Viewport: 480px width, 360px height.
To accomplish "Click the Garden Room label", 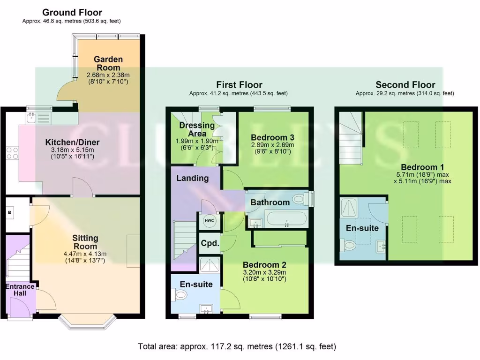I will (108, 63).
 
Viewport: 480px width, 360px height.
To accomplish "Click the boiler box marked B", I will (9, 213).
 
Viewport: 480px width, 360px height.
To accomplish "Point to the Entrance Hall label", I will (20, 290).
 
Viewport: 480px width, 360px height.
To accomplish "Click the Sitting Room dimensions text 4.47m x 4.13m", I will (85, 255).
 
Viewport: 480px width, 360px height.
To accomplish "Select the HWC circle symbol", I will (208, 221).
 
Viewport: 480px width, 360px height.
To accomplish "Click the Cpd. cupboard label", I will (210, 243).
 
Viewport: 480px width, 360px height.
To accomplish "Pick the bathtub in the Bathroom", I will (285, 219).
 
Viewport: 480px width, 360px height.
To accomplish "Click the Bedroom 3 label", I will (272, 137).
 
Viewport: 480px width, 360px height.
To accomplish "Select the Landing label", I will (192, 178).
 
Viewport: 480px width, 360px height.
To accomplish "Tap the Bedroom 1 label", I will (422, 167).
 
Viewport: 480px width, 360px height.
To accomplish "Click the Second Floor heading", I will (405, 85).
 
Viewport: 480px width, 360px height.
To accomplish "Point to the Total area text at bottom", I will (237, 347).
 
